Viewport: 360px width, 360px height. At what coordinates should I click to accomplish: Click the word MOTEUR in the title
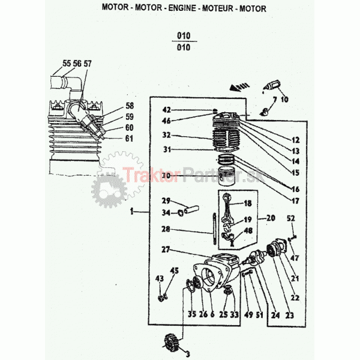[221, 9]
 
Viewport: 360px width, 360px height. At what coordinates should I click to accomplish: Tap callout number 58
[130, 106]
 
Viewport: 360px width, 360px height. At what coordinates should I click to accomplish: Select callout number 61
[130, 139]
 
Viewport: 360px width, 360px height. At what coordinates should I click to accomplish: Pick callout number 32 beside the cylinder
[166, 135]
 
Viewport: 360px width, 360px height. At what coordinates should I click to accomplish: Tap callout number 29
[166, 200]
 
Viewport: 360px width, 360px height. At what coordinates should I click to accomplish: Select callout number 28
[165, 229]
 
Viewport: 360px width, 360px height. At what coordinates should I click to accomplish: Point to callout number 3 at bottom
[187, 353]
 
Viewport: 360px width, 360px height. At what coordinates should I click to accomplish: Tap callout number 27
[166, 250]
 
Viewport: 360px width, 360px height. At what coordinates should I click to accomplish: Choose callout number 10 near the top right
[284, 99]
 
